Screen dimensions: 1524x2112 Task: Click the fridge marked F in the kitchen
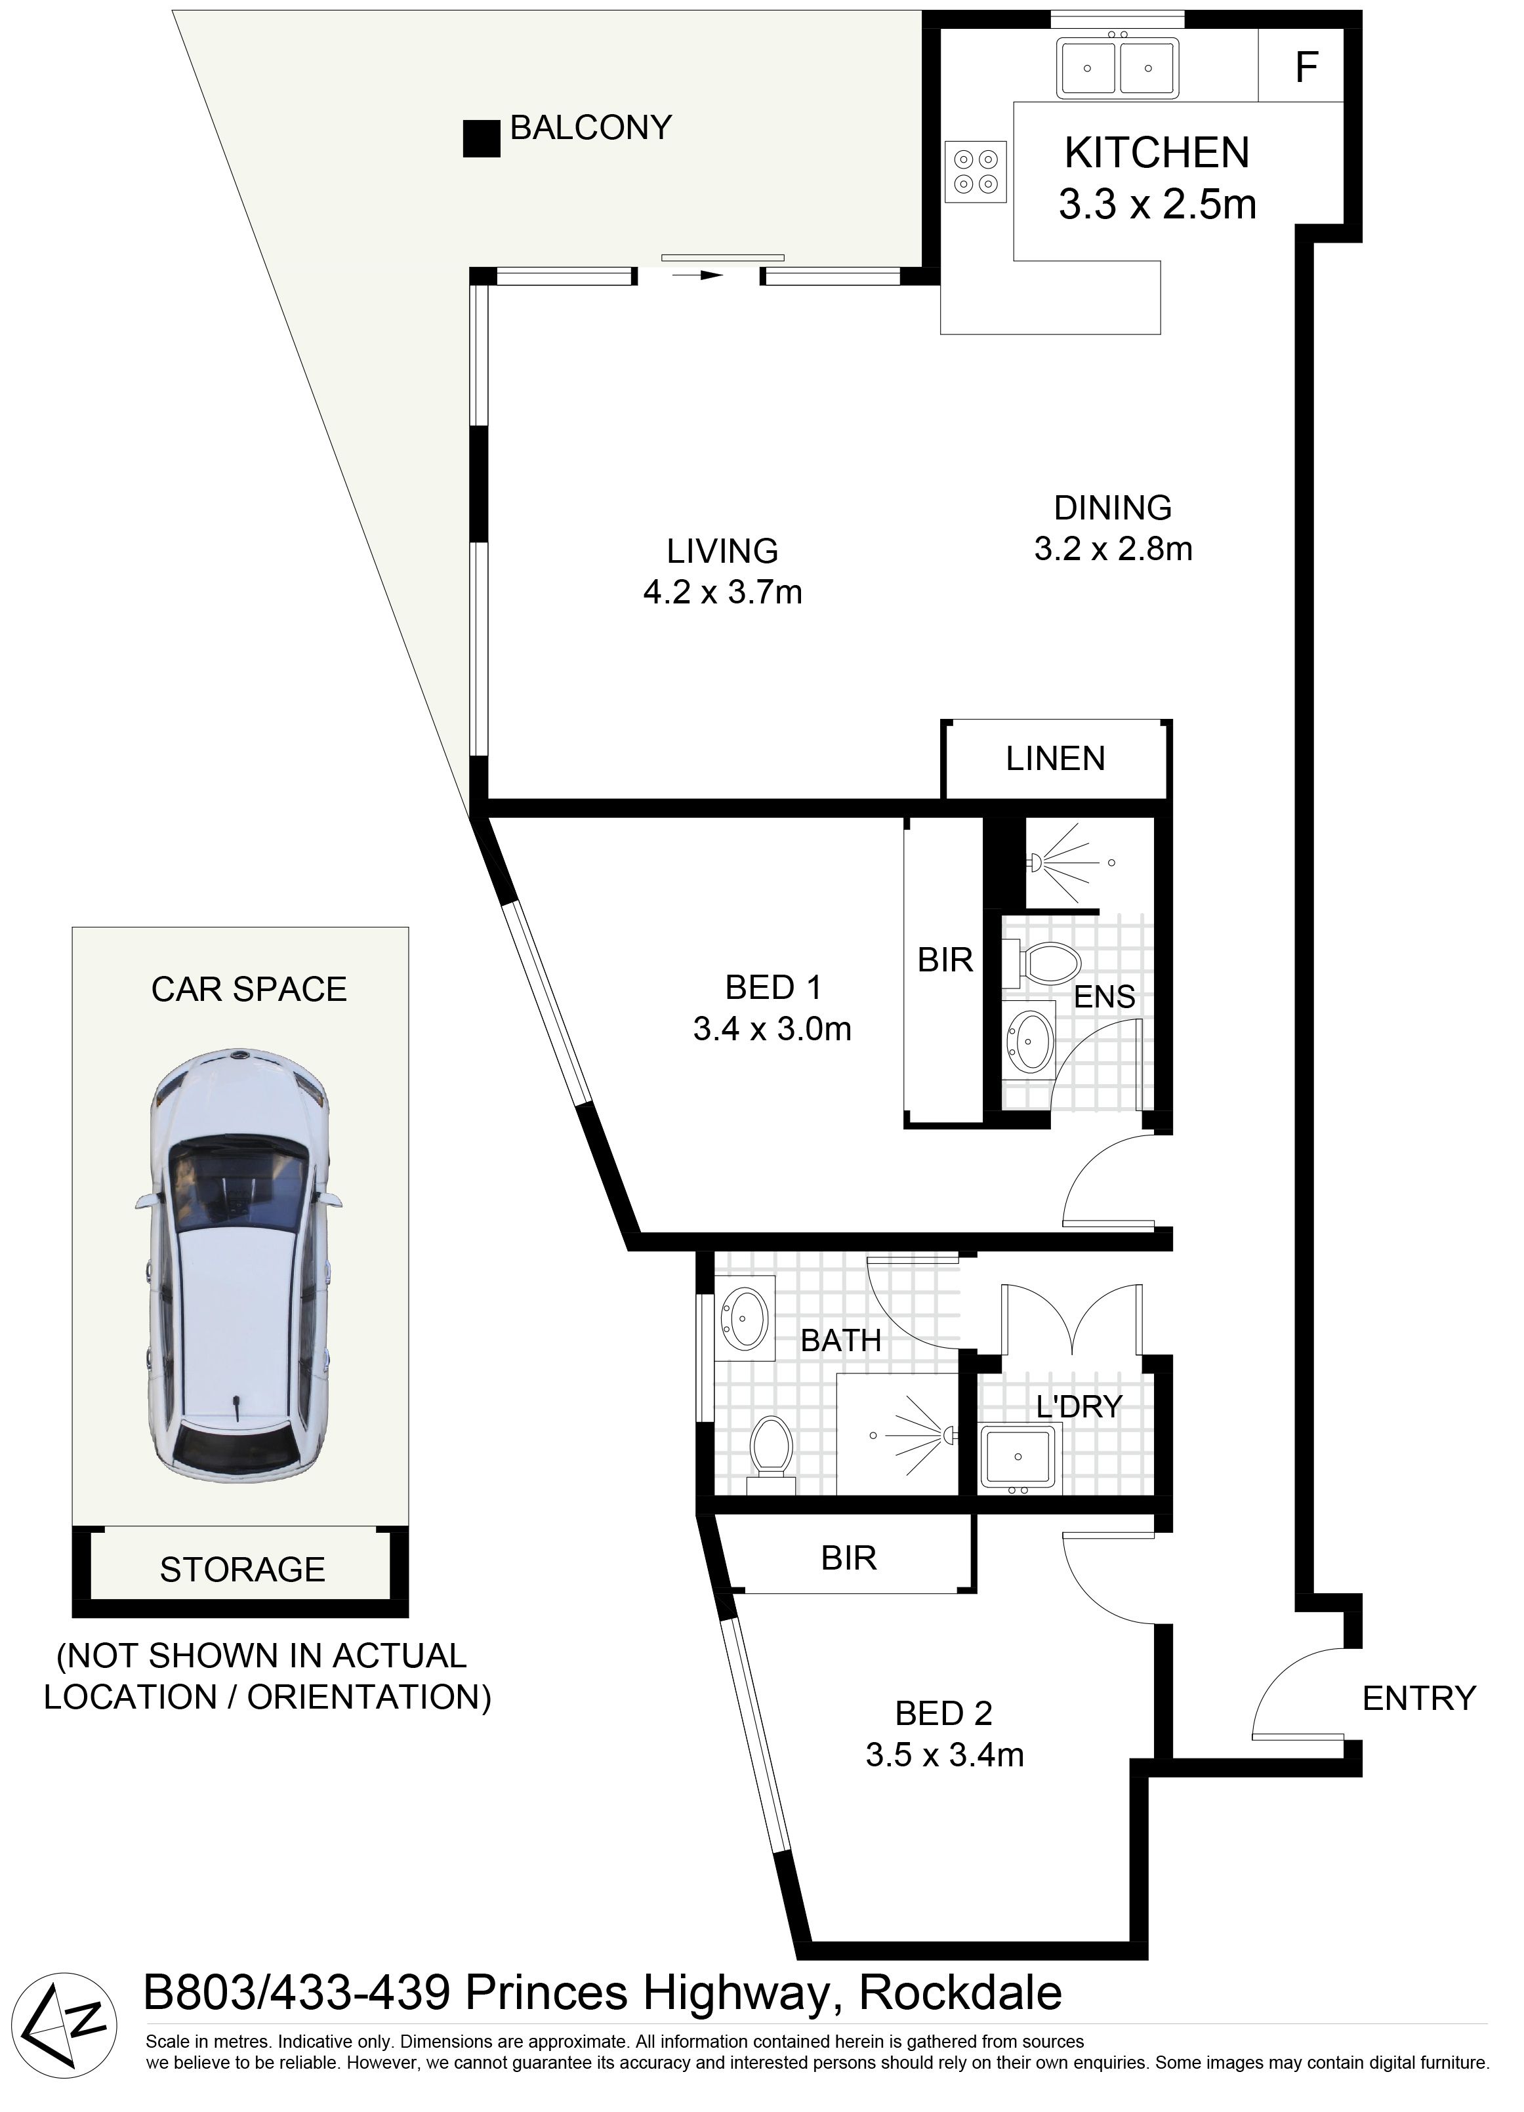(x=1300, y=65)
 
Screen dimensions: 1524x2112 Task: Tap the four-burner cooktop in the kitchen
(x=976, y=171)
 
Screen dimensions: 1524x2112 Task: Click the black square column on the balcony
(x=482, y=139)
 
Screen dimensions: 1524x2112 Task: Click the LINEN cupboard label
(x=1056, y=759)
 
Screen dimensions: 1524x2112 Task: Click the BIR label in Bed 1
(x=945, y=960)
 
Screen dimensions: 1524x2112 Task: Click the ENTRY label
(x=1419, y=1697)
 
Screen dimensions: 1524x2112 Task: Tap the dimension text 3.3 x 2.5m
(x=1157, y=205)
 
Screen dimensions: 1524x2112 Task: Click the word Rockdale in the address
(x=960, y=1993)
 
